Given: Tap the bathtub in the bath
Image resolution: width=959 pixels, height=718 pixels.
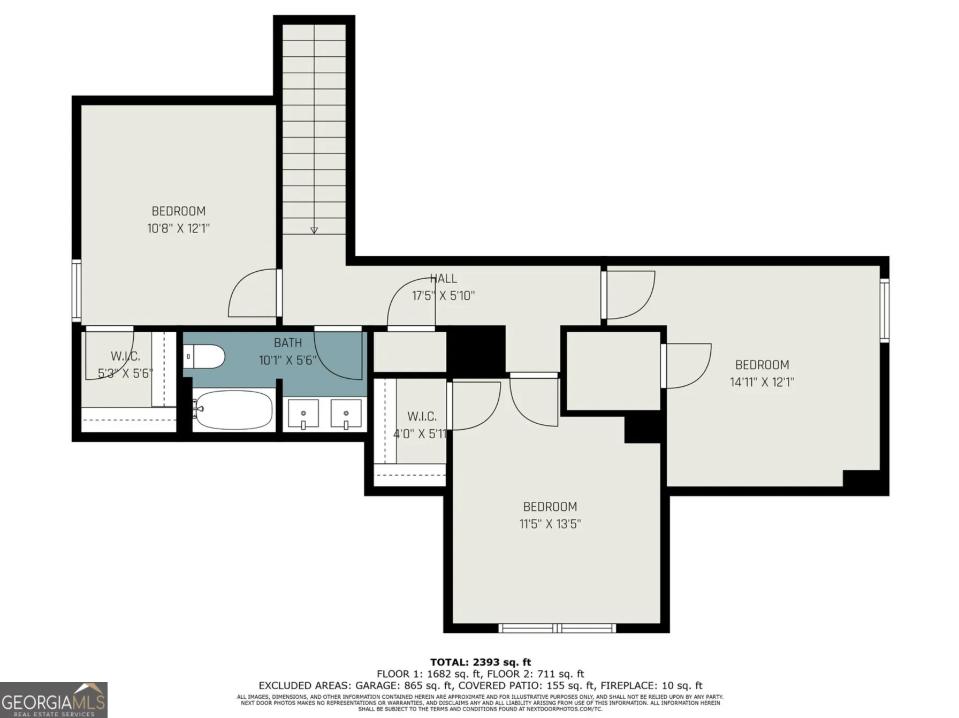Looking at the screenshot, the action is click(x=233, y=410).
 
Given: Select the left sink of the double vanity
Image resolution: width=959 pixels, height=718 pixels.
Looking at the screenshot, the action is click(x=303, y=414).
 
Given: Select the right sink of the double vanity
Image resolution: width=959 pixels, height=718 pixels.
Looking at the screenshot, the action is click(x=346, y=414).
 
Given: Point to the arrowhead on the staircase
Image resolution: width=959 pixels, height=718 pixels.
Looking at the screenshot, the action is click(x=314, y=231).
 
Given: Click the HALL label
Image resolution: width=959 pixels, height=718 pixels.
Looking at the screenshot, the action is click(x=444, y=279).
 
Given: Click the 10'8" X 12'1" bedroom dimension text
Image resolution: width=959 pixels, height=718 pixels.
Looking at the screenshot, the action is click(x=178, y=228).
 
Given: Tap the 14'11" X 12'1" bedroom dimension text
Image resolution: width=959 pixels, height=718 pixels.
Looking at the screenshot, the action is click(x=762, y=382).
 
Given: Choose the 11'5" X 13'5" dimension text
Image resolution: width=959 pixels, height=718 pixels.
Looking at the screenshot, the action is click(x=550, y=524).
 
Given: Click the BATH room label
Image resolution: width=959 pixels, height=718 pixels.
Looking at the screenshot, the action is click(x=288, y=343).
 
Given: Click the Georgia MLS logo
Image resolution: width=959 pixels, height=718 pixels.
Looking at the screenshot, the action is click(x=54, y=700).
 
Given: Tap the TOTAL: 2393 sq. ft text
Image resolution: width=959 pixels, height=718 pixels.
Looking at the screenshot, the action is click(x=481, y=662).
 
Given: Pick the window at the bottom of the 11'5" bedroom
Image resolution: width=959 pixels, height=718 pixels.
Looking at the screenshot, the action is click(x=557, y=628).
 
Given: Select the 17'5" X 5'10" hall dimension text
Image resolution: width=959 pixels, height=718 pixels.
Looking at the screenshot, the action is click(x=443, y=296).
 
